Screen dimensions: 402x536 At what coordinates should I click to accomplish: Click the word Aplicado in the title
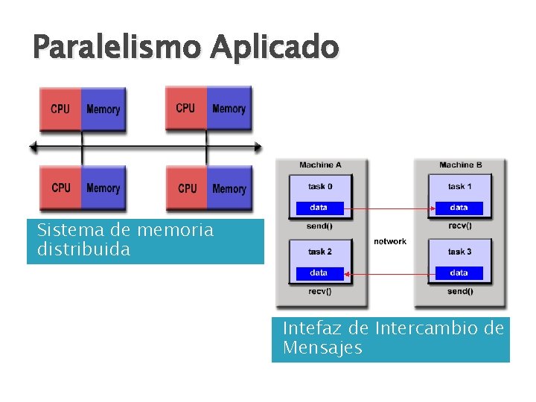(x=274, y=48)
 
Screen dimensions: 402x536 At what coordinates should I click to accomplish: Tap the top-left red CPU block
(x=60, y=109)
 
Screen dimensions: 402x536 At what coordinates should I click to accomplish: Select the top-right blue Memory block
(x=229, y=109)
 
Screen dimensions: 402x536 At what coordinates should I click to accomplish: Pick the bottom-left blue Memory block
(x=103, y=188)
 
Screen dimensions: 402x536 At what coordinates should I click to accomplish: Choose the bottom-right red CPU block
(x=187, y=188)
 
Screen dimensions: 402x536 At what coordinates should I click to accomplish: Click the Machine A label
(x=320, y=165)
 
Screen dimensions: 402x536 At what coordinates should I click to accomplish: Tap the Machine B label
(x=460, y=165)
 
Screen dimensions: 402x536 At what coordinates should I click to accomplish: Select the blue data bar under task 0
(x=319, y=208)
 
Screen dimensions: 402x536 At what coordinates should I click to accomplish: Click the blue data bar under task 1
(x=459, y=208)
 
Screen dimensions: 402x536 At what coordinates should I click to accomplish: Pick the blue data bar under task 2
(x=319, y=273)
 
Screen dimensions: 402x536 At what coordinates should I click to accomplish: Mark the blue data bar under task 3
(x=459, y=273)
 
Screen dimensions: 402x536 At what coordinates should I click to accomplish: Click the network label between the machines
(x=390, y=241)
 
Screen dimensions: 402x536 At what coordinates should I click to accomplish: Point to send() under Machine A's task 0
(x=319, y=225)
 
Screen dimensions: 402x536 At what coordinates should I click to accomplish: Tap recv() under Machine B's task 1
(x=459, y=225)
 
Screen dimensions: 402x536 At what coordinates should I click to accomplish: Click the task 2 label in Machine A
(x=320, y=252)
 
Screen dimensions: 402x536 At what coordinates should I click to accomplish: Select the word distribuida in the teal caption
(x=83, y=249)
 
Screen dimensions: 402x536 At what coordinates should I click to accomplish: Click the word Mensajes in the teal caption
(x=322, y=348)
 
